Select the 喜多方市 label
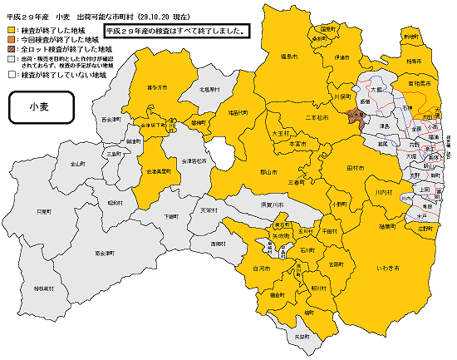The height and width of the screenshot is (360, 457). coord(157,87)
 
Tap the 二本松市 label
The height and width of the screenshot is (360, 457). coord(317,119)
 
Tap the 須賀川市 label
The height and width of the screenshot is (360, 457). coord(273,202)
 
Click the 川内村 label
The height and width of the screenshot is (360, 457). coord(383,192)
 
